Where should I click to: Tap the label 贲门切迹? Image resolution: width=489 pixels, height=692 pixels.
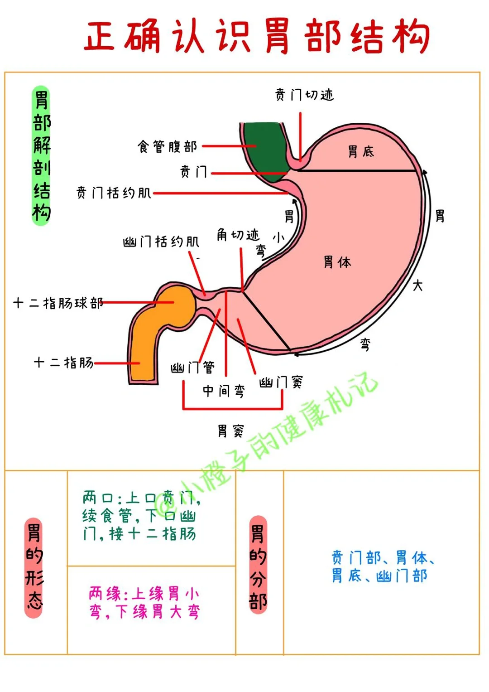(x=304, y=95)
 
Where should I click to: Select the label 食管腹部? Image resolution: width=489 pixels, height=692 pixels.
(x=168, y=146)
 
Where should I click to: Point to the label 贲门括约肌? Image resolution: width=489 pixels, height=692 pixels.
(x=114, y=193)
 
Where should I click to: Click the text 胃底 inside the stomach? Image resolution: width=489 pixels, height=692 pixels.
(x=361, y=151)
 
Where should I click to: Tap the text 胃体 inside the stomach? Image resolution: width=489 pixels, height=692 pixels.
(x=337, y=262)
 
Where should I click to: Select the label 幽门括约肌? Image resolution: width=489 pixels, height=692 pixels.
(x=161, y=242)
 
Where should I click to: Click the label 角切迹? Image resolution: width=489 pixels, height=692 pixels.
(x=238, y=235)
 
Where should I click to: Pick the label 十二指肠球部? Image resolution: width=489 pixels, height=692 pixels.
(x=58, y=303)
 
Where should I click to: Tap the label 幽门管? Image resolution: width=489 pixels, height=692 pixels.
(x=192, y=367)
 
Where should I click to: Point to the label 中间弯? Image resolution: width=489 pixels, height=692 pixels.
(x=224, y=391)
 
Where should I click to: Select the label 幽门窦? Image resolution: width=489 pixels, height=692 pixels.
(x=281, y=382)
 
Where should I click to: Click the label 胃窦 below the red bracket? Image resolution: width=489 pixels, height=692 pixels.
(x=230, y=431)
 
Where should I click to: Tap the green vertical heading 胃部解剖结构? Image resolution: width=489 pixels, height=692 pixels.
(x=42, y=155)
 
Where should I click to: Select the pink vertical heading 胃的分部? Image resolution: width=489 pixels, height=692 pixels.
(x=258, y=566)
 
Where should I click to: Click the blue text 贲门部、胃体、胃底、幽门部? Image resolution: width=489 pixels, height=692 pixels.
(x=383, y=566)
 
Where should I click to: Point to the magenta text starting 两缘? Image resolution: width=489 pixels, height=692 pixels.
(x=144, y=602)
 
